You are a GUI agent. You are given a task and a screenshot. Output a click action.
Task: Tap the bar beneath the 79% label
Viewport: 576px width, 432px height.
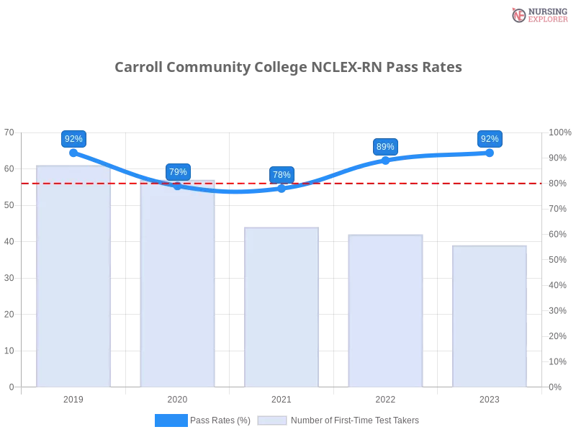178,284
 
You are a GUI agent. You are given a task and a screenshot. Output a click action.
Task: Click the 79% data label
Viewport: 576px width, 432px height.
178,172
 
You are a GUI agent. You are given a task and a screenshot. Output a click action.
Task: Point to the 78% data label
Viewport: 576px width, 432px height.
282,175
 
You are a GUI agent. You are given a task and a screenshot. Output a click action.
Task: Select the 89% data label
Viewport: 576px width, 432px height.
385,147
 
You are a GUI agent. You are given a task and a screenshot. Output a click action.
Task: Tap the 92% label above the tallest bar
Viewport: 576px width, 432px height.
73,139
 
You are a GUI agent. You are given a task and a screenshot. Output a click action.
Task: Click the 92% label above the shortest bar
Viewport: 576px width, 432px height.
490,139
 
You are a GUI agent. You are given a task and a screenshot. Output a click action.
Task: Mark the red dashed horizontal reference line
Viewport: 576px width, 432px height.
432,183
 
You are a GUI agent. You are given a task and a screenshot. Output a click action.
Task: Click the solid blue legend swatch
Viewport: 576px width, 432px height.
171,420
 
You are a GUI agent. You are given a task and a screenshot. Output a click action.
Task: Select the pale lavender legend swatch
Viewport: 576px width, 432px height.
272,420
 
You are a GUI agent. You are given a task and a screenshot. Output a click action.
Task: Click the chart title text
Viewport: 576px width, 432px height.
290,67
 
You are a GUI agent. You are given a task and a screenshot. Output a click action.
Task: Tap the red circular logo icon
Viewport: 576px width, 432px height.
519,15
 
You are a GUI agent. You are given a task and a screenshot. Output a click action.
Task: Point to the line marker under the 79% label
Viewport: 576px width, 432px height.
178,186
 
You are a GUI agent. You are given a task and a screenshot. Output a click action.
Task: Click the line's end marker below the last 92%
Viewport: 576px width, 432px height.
490,153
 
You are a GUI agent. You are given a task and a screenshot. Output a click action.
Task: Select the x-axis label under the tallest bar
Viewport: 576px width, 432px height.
74,398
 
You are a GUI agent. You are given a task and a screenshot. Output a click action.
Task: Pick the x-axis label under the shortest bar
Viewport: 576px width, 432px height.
490,398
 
